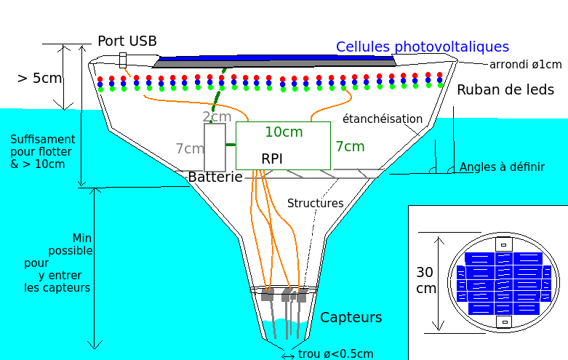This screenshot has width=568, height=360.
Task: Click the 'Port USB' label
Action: click(x=127, y=41)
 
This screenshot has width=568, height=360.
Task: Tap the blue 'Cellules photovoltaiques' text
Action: click(x=422, y=47)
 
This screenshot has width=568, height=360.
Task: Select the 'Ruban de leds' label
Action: click(x=505, y=90)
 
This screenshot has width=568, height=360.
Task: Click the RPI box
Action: click(x=283, y=146)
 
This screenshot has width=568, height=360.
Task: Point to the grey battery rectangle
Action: click(x=215, y=147)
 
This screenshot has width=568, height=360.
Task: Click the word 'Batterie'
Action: click(x=215, y=177)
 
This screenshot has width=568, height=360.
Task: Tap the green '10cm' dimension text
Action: click(x=283, y=132)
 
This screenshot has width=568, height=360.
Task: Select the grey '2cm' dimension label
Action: click(x=217, y=116)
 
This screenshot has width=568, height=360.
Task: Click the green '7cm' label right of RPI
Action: click(x=349, y=146)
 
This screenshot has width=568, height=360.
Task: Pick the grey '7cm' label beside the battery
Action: click(x=189, y=148)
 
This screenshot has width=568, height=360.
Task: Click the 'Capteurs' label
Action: click(x=351, y=317)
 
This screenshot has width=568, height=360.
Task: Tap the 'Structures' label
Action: click(x=315, y=203)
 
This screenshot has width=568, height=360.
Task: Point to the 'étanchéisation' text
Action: click(x=382, y=119)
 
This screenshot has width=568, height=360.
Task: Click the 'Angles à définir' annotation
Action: click(x=502, y=167)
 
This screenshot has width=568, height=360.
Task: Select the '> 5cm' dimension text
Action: click(x=39, y=78)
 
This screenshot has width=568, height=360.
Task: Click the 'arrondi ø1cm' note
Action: click(x=525, y=65)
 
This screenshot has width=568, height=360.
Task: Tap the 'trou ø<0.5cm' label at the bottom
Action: click(x=335, y=354)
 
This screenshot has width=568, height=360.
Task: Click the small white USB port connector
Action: click(x=123, y=60)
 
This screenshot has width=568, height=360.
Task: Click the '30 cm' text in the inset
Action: click(x=425, y=280)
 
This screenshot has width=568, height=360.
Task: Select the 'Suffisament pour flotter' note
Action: click(x=42, y=151)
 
